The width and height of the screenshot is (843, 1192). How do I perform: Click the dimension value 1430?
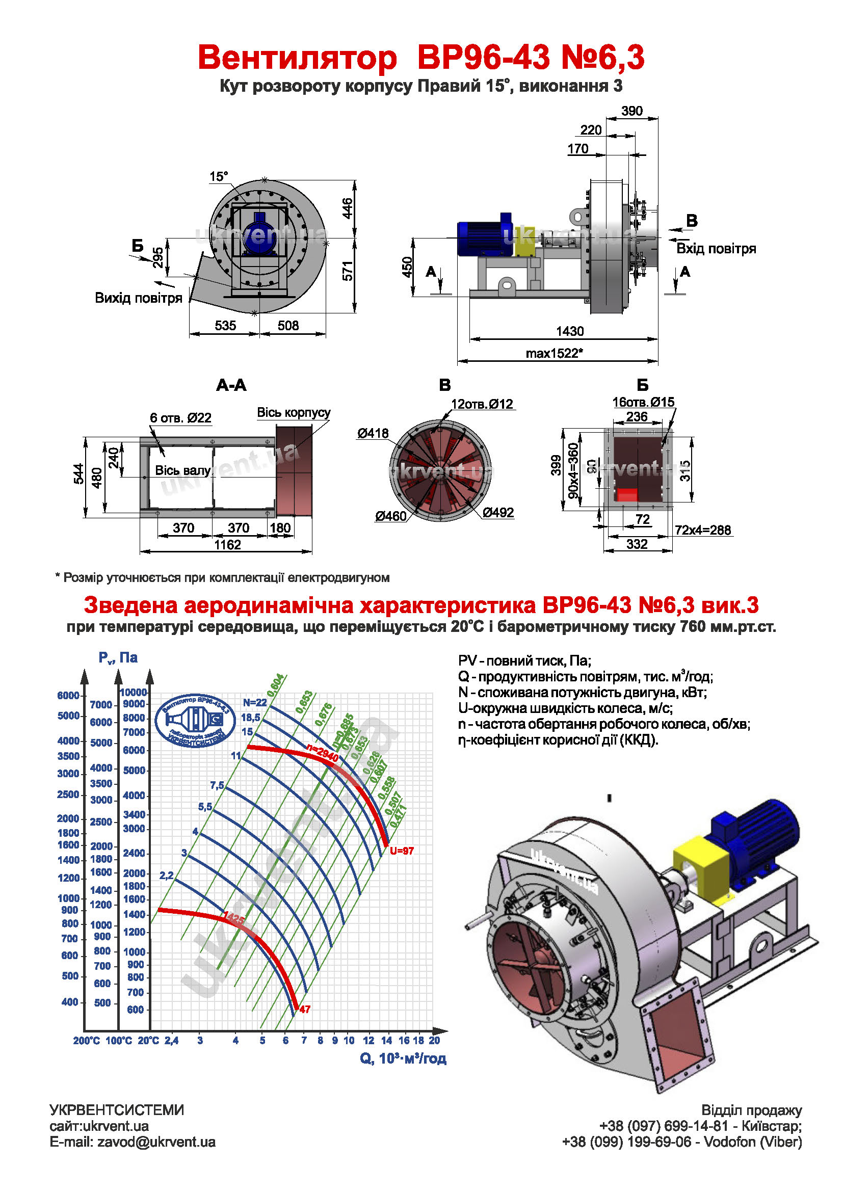[569, 331]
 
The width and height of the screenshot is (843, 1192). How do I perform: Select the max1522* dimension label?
[554, 353]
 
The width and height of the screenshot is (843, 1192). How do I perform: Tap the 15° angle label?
[219, 176]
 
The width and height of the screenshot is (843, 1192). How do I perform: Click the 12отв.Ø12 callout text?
[482, 404]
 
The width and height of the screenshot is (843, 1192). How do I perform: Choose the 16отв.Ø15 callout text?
[643, 401]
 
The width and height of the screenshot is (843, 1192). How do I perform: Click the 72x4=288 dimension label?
[703, 529]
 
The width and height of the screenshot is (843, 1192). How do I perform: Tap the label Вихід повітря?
[138, 298]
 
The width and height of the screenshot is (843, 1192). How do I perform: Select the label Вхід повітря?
[716, 248]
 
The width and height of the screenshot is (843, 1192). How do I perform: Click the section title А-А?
[231, 385]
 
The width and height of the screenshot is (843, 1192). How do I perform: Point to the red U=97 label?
[401, 851]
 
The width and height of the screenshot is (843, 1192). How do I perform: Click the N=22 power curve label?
[255, 702]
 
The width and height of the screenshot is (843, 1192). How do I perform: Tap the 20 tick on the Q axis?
[434, 1040]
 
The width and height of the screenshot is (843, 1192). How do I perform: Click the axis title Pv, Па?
[118, 657]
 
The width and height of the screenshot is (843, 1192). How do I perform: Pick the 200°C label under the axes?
[86, 1041]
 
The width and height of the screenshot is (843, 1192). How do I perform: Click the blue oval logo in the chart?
[195, 720]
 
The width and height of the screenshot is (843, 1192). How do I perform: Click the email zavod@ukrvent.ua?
[133, 1142]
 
